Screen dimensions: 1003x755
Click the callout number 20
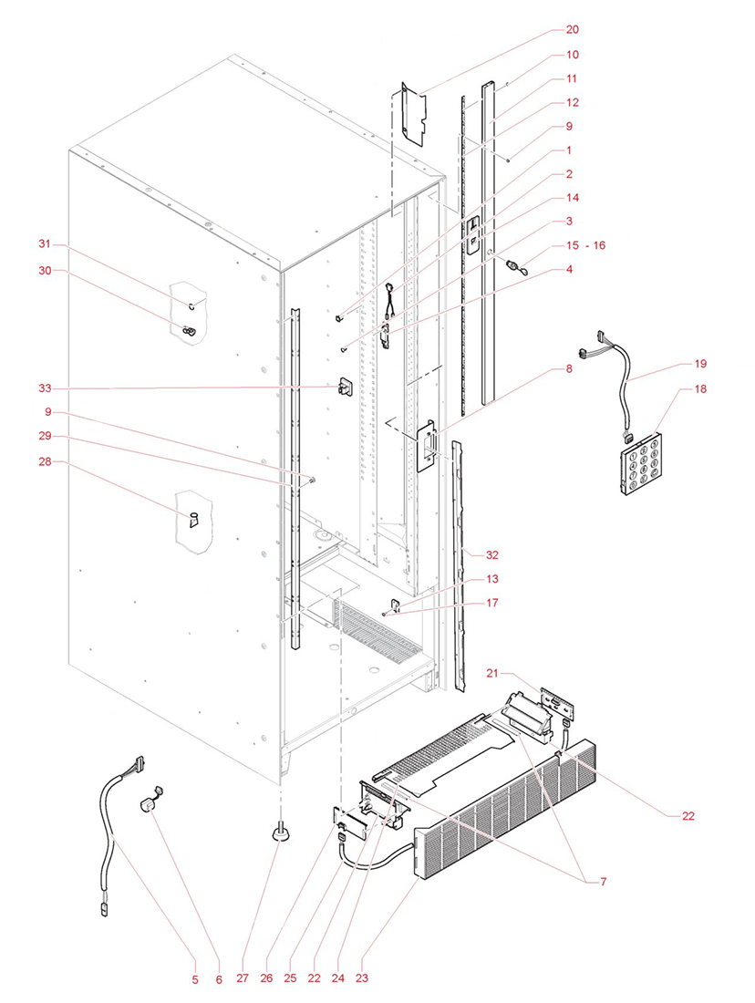572,30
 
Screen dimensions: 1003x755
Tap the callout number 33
43,388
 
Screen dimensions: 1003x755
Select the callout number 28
43,463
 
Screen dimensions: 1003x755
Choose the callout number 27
243,979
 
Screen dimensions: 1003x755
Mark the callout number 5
194,979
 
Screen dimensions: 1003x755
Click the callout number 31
43,244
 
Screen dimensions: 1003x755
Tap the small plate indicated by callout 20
413,115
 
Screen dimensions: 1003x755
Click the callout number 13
491,579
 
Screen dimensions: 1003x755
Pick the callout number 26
266,979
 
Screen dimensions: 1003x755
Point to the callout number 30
43,270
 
